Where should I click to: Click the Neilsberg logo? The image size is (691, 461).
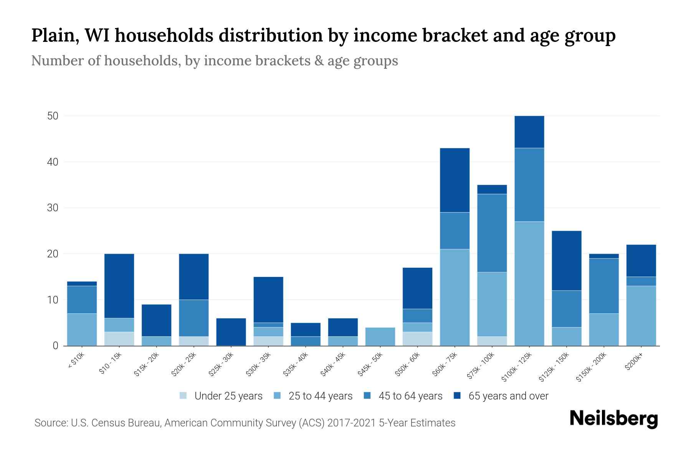click(613, 419)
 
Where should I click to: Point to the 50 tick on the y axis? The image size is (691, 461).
click(53, 116)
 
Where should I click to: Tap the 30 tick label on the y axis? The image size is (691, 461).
click(53, 208)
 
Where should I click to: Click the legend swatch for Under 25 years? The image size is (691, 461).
click(183, 396)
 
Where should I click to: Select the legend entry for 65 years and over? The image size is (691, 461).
click(508, 396)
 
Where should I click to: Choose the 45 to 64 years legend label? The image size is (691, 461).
click(410, 396)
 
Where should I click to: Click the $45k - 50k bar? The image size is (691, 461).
click(380, 337)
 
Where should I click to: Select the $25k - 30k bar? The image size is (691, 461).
click(231, 332)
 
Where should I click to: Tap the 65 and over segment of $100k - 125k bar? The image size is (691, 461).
click(529, 132)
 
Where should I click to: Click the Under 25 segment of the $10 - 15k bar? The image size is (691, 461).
click(119, 339)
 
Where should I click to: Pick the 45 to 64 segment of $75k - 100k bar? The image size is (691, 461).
click(492, 233)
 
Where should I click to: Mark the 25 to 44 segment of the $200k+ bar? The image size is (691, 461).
click(641, 316)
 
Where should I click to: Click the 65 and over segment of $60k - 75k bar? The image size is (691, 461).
click(455, 180)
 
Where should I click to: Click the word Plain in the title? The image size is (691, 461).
click(54, 36)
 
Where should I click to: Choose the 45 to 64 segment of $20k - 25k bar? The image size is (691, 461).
click(194, 318)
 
